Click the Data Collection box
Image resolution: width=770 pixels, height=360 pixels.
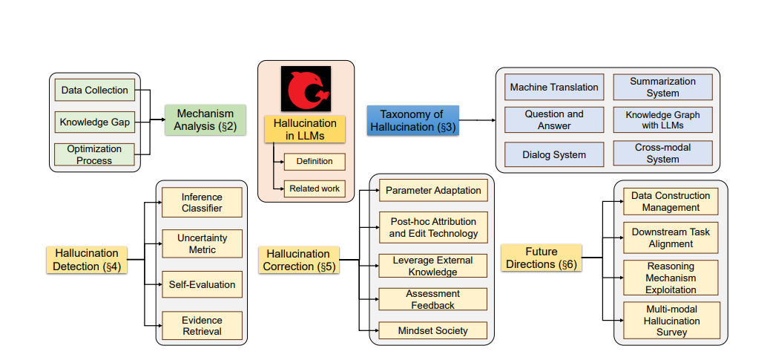click(94, 91)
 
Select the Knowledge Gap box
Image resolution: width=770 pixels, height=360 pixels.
click(94, 122)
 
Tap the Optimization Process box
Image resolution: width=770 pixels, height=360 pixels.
click(94, 154)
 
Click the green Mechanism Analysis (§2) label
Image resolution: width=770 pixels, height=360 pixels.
click(205, 120)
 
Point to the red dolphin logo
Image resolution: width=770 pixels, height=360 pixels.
click(306, 90)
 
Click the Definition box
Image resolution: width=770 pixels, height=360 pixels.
click(315, 161)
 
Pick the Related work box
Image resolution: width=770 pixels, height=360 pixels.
click(315, 189)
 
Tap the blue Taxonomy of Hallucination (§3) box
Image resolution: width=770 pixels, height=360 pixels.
click(412, 120)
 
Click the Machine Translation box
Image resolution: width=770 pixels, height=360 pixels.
click(553, 88)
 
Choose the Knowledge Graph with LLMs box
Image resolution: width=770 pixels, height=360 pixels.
click(662, 120)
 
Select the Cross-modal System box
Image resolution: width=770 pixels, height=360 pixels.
click(662, 154)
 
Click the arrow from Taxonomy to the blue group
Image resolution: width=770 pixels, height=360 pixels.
click(478, 120)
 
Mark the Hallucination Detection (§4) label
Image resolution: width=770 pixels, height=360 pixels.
click(86, 260)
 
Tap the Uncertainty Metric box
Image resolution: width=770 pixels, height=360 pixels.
click(202, 243)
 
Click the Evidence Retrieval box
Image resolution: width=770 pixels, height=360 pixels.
click(202, 325)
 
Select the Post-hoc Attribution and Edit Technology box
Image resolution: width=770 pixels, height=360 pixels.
click(433, 227)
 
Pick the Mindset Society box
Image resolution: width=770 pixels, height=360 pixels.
click(433, 330)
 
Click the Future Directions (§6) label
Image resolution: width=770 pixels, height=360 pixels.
click(541, 258)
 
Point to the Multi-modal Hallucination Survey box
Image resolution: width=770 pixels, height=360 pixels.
click(671, 321)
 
